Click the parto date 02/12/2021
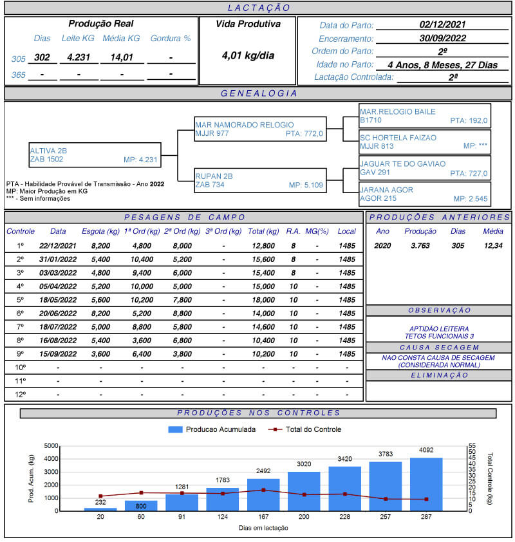pyautogui.click(x=442, y=25)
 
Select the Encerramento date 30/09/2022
pyautogui.click(x=442, y=38)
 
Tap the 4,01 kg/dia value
pyautogui.click(x=248, y=55)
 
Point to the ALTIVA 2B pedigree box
pyautogui.click(x=95, y=155)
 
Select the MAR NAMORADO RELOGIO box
pyautogui.click(x=260, y=129)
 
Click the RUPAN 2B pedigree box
pyautogui.click(x=260, y=180)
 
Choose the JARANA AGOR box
pyautogui.click(x=425, y=194)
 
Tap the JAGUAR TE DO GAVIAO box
pyautogui.click(x=425, y=169)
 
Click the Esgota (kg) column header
pyautogui.click(x=100, y=231)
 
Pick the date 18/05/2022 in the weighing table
pyautogui.click(x=58, y=300)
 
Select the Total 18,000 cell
pyautogui.click(x=264, y=300)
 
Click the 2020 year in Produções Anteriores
pyautogui.click(x=382, y=245)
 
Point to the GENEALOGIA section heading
pyautogui.click(x=258, y=93)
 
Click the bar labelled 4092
pyautogui.click(x=426, y=484)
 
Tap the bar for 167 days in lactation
pyautogui.click(x=263, y=494)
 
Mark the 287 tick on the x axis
pyautogui.click(x=426, y=518)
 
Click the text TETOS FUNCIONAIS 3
pyautogui.click(x=440, y=336)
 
